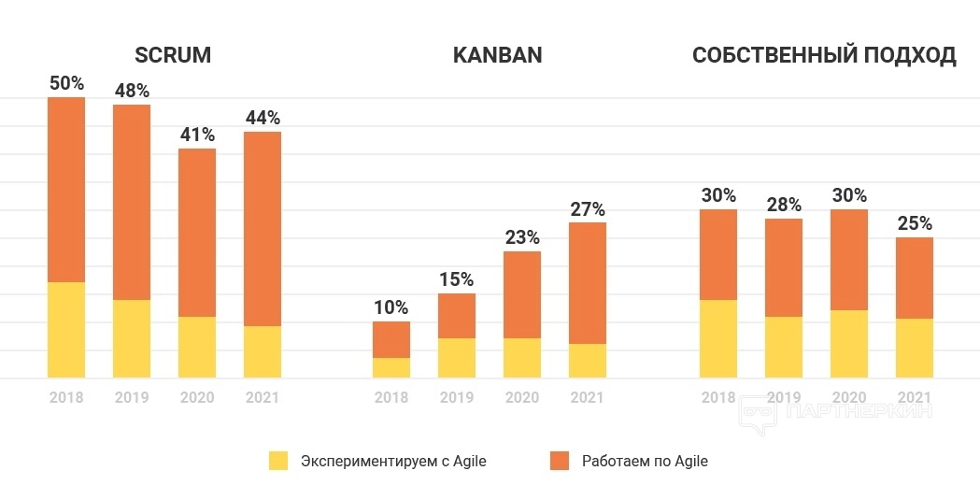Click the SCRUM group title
click(173, 55)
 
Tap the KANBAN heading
click(497, 55)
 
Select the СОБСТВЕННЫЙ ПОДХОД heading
click(824, 55)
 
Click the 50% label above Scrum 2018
click(66, 83)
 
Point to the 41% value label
click(197, 135)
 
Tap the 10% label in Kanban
click(391, 307)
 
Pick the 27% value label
click(588, 208)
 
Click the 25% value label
click(915, 223)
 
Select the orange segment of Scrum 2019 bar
click(132, 201)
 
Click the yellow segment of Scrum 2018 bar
click(66, 330)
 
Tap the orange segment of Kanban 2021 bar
click(588, 282)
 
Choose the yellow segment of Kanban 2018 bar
click(391, 368)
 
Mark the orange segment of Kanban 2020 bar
click(522, 294)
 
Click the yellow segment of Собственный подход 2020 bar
click(849, 344)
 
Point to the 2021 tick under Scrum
click(263, 397)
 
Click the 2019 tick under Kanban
click(457, 397)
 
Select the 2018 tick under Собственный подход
click(718, 397)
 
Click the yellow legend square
click(278, 461)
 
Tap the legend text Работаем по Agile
click(645, 461)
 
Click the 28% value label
click(784, 205)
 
